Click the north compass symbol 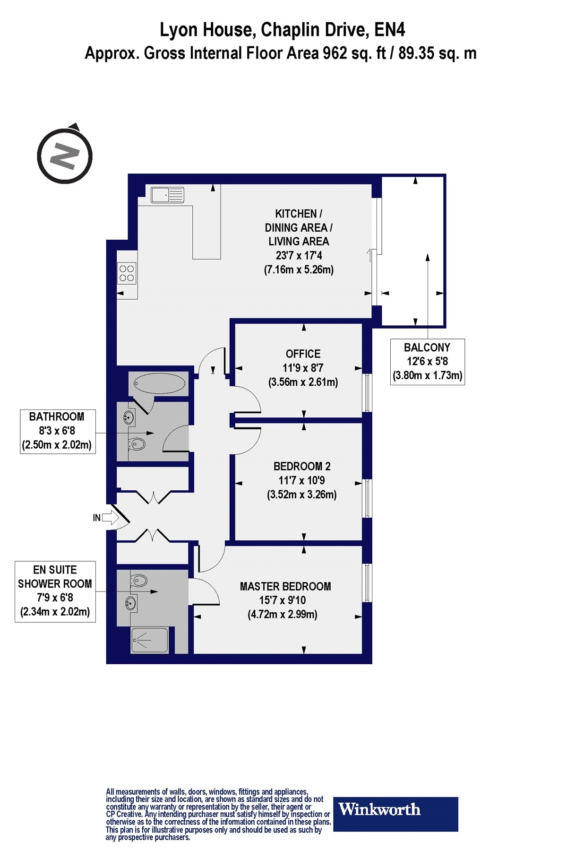[65, 155]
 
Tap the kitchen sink [167, 195]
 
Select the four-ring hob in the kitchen [127, 273]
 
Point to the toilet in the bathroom [137, 443]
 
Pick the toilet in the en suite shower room [138, 580]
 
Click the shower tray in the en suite [149, 640]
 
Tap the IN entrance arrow [110, 517]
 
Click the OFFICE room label [303, 354]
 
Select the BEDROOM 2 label [302, 467]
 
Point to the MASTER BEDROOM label [285, 587]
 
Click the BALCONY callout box [428, 362]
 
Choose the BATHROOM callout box [58, 432]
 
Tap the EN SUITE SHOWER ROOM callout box [55, 591]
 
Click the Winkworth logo [396, 814]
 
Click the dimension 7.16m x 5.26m [299, 270]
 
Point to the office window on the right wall [367, 392]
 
